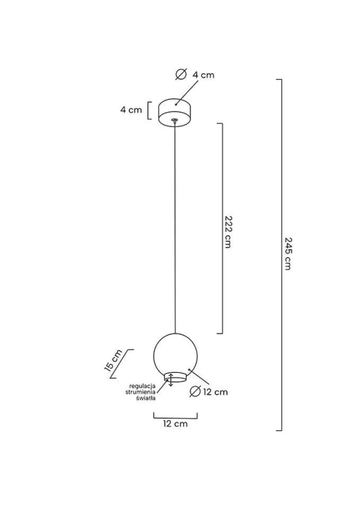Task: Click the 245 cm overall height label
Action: coord(287,254)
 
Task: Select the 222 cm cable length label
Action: coord(227,232)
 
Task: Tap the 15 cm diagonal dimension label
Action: coord(113,360)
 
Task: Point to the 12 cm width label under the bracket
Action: coord(175,423)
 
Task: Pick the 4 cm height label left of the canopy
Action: coord(131,110)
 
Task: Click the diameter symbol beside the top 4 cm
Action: coord(181,75)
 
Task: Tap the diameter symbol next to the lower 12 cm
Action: coord(195,391)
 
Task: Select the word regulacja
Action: coord(143,386)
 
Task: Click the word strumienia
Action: coord(140,392)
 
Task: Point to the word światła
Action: coord(146,397)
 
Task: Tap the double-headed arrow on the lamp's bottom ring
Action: coord(171,380)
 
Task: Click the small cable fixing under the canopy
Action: coord(175,120)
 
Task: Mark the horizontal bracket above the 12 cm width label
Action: coord(175,416)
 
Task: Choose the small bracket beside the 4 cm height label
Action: coord(149,110)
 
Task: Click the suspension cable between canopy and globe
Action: coord(175,228)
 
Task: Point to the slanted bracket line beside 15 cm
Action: coord(121,364)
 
